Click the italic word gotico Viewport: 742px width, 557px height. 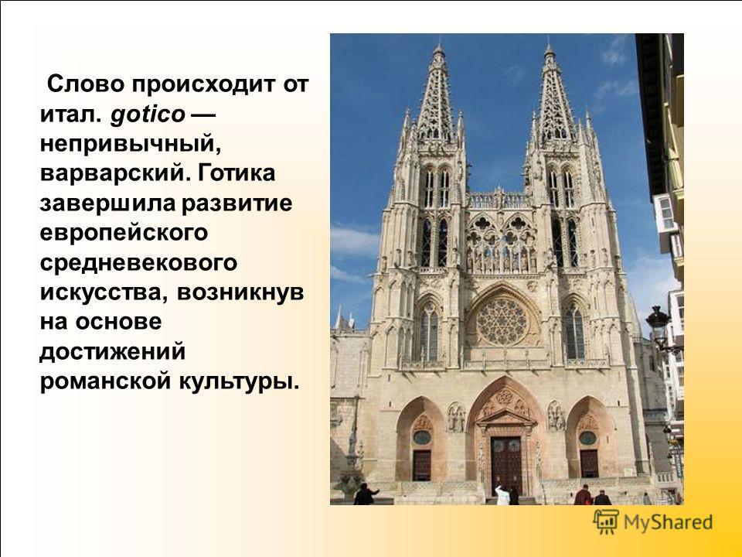(147, 114)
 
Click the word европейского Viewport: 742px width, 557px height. (124, 233)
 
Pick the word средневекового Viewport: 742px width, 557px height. (138, 263)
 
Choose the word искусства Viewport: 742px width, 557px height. (104, 292)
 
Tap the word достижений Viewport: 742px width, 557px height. (113, 352)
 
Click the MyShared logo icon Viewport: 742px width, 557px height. (606, 522)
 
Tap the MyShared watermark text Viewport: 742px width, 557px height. (668, 522)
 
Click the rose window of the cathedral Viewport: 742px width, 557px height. (502, 321)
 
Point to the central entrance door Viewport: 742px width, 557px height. (505, 465)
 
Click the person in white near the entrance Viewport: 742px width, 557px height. (502, 495)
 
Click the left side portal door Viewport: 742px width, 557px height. (422, 465)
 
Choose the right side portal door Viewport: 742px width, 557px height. (589, 463)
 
